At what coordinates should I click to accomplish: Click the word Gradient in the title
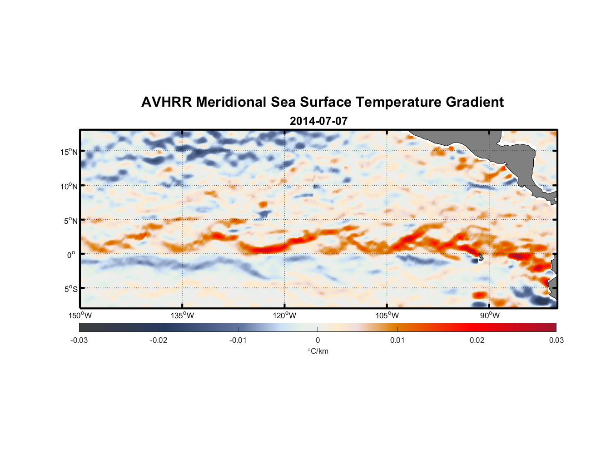click(x=475, y=102)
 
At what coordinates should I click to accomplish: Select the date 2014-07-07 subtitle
click(x=318, y=121)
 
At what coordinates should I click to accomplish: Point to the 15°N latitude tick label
click(x=69, y=152)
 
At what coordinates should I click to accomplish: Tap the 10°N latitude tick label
click(x=69, y=186)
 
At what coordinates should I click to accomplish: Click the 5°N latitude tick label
click(x=70, y=221)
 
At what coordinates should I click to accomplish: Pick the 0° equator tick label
click(x=71, y=255)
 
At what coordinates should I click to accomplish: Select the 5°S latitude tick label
click(x=70, y=289)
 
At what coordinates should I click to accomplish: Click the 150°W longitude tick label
click(x=80, y=316)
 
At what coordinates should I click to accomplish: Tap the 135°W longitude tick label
click(x=182, y=316)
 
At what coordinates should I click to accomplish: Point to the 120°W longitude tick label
click(x=284, y=316)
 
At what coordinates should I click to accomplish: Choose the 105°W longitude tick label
click(x=387, y=316)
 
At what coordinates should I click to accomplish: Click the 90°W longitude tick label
click(x=490, y=316)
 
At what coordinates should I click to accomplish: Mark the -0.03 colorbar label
click(x=79, y=340)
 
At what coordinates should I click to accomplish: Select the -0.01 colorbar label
click(x=238, y=340)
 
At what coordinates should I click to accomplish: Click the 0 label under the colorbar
click(x=318, y=340)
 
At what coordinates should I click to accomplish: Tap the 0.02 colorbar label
click(x=477, y=340)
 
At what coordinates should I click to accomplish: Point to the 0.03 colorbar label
click(x=556, y=340)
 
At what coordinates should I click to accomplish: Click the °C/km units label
click(x=318, y=351)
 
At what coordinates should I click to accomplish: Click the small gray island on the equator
click(x=481, y=257)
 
